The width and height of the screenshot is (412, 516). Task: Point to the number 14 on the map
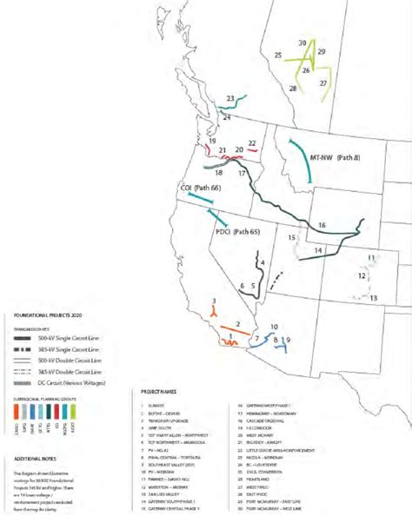coord(318,250)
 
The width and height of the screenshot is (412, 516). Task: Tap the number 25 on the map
coord(278,56)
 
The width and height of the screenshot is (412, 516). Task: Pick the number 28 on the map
coord(293,88)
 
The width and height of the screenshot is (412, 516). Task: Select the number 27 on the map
coord(322,83)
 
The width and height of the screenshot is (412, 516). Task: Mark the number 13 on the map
coord(373,298)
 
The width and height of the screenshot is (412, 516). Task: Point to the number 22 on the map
coord(252,142)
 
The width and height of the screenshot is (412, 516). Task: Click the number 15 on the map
coord(293,237)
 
